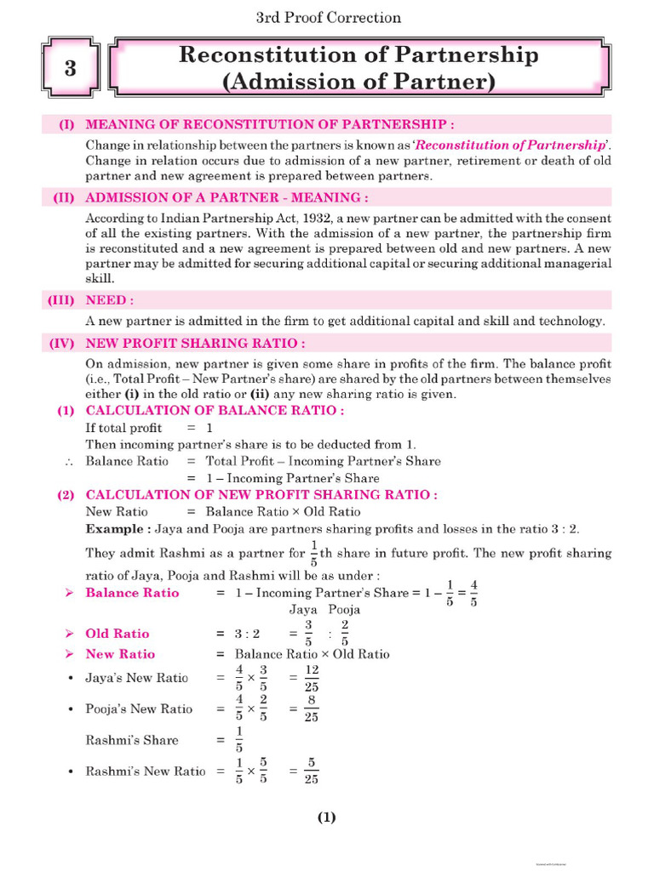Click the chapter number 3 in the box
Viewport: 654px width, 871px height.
click(71, 70)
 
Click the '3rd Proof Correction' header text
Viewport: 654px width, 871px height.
click(328, 17)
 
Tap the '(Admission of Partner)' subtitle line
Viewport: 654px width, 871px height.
click(358, 83)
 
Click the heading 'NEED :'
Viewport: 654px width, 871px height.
click(110, 300)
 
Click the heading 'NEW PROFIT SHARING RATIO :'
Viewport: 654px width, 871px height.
click(196, 344)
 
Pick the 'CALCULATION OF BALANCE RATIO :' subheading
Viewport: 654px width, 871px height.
click(215, 410)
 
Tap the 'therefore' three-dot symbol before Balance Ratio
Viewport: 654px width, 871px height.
click(67, 461)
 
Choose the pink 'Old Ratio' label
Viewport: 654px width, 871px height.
click(118, 634)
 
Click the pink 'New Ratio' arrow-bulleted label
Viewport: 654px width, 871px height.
click(120, 654)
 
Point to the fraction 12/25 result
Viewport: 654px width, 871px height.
click(311, 678)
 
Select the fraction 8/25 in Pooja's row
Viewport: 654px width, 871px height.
click(311, 709)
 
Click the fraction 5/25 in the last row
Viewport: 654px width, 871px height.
click(311, 771)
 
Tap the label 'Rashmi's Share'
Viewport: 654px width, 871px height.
click(132, 740)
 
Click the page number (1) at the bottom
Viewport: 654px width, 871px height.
click(327, 817)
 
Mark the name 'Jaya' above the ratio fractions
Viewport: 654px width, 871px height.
click(303, 609)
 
